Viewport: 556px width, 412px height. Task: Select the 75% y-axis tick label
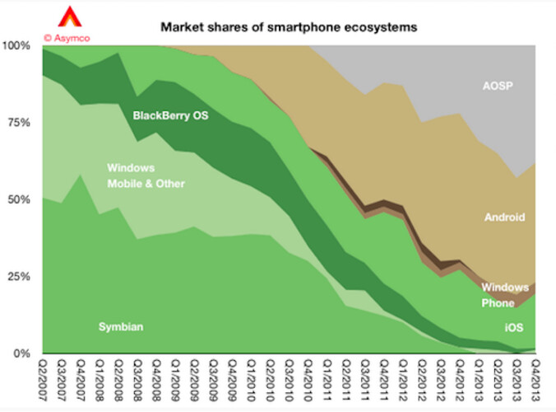click(20, 123)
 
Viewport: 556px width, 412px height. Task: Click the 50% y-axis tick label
click(20, 199)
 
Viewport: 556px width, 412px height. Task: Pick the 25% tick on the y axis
click(20, 276)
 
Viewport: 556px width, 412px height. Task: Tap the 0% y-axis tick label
click(23, 353)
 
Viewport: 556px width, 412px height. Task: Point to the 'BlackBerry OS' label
click(171, 115)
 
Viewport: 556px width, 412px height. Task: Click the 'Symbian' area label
click(120, 327)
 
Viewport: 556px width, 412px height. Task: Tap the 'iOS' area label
click(513, 328)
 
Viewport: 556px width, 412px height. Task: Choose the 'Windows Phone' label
click(505, 295)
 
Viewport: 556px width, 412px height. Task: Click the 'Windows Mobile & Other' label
click(146, 176)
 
